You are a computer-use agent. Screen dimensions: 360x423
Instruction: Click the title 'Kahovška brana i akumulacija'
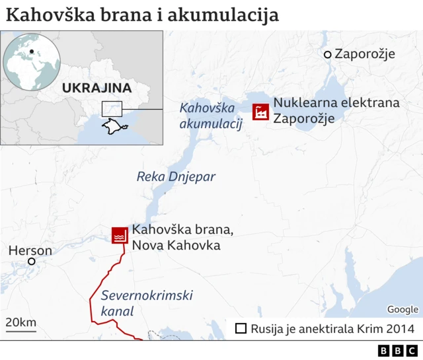(x=141, y=15)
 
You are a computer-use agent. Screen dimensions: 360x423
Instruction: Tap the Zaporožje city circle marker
(x=327, y=54)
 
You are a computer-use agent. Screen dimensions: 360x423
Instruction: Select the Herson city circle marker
(x=30, y=262)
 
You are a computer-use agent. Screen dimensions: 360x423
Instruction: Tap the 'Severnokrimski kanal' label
(x=147, y=303)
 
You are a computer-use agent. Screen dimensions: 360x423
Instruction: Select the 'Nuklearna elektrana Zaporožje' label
(x=336, y=110)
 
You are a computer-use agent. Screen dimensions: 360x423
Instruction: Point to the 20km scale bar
(x=20, y=324)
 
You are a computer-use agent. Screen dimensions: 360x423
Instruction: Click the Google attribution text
(x=403, y=309)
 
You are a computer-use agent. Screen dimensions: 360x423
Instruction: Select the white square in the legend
(x=241, y=328)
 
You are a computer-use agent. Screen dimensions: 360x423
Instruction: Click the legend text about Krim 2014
(x=332, y=328)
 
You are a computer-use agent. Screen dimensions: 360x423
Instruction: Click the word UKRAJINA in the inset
(x=96, y=88)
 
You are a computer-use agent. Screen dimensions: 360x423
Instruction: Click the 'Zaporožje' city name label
(x=365, y=54)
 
